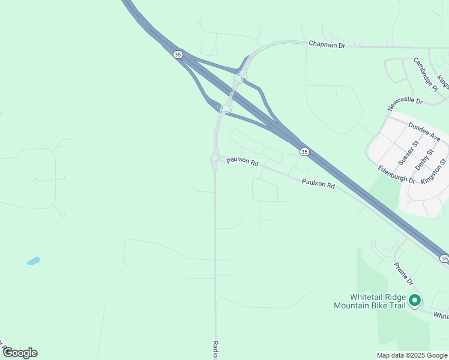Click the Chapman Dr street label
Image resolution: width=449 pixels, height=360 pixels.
click(x=327, y=44)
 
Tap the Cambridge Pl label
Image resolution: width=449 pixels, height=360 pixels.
click(x=426, y=74)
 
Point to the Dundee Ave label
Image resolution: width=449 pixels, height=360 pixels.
click(x=424, y=132)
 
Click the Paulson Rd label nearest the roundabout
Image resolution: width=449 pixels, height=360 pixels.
click(x=242, y=162)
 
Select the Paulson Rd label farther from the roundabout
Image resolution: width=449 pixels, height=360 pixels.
click(x=318, y=184)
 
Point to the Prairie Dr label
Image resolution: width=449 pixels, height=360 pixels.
click(x=403, y=273)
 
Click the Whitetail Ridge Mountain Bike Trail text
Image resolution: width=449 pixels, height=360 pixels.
click(x=370, y=301)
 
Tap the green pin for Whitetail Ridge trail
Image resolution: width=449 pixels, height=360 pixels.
click(x=414, y=301)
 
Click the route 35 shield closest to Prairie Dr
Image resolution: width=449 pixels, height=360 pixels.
click(x=444, y=258)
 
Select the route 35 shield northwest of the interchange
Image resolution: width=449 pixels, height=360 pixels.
click(x=177, y=55)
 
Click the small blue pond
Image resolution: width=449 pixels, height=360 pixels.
click(x=33, y=261)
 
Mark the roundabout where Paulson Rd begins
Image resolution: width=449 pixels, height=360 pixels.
click(x=214, y=158)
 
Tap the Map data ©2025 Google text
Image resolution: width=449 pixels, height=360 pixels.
click(x=412, y=355)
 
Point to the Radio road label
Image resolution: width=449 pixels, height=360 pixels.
click(x=215, y=349)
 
